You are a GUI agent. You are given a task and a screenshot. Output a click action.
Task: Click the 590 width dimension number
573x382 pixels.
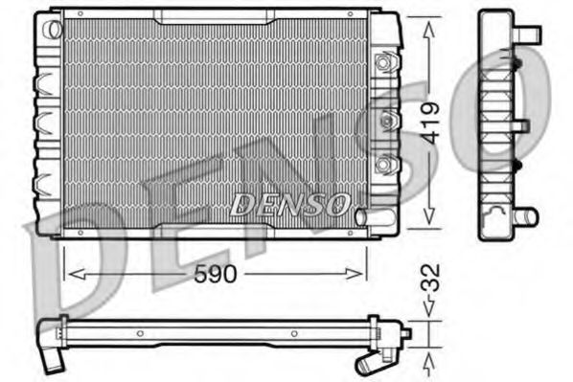pos(216,275)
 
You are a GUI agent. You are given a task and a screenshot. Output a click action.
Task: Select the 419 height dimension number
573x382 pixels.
pos(432,122)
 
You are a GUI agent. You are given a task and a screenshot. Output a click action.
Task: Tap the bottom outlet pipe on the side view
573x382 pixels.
pos(526,216)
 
